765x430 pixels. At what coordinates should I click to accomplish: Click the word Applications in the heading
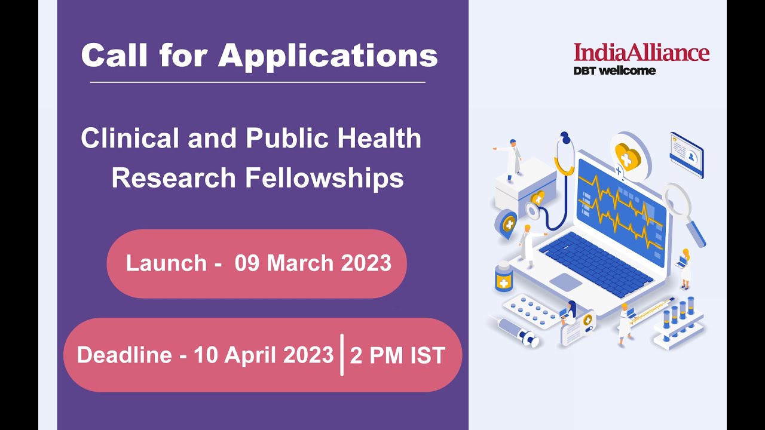pos(328,57)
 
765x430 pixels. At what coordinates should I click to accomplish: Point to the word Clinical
pos(130,139)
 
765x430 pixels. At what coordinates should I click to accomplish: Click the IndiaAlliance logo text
pos(641,53)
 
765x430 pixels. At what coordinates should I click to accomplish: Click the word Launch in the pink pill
pos(166,263)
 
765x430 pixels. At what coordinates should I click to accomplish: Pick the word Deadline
pos(124,355)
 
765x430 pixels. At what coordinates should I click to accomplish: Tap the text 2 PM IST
pos(397,355)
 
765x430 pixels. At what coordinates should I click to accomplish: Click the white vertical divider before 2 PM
pos(342,355)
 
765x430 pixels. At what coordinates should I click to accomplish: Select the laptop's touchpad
pos(565,282)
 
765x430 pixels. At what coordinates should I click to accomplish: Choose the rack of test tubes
pos(679,322)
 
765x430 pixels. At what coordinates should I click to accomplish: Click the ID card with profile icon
pos(686,155)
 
